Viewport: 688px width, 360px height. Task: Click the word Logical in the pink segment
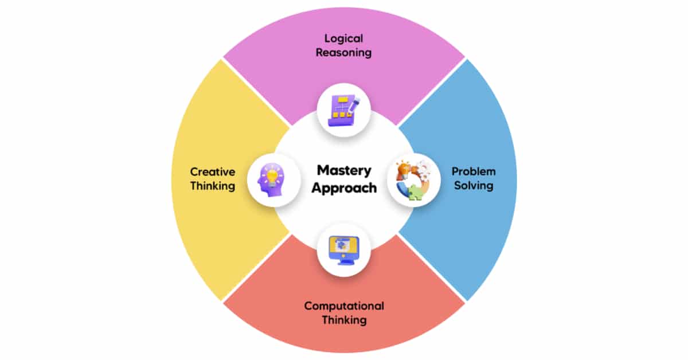(x=343, y=39)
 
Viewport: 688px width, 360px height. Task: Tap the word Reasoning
(x=343, y=53)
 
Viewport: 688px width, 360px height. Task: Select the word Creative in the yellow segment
(x=213, y=172)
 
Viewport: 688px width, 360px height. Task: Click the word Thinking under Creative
(x=213, y=186)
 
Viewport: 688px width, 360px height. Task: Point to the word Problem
(x=474, y=171)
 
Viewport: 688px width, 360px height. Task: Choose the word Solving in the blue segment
(x=474, y=186)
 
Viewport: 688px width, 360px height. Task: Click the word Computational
(x=344, y=306)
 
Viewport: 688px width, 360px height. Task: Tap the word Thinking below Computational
(x=344, y=320)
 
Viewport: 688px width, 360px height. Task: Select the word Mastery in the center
(x=344, y=171)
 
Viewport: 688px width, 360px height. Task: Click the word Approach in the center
(x=344, y=188)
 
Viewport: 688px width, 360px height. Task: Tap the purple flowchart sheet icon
(x=343, y=111)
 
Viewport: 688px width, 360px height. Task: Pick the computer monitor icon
(x=343, y=250)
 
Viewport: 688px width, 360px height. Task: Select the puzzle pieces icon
(x=413, y=181)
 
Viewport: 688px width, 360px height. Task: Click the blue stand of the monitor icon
(x=344, y=261)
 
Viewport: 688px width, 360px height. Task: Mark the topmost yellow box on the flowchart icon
(x=342, y=99)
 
